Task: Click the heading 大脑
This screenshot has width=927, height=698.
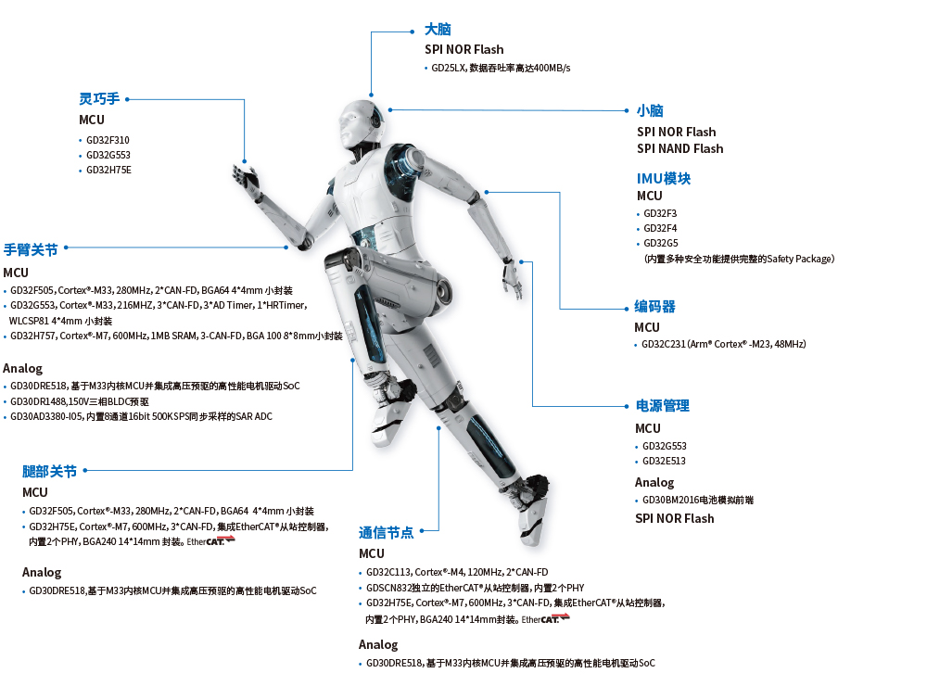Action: coord(438,30)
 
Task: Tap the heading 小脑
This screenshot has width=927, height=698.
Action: coord(650,110)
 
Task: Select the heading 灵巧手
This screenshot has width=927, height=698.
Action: coord(99,98)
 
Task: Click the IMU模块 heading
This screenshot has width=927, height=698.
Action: coord(663,178)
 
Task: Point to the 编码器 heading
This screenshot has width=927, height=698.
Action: coord(654,307)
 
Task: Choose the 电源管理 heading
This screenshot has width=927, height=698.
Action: coord(662,406)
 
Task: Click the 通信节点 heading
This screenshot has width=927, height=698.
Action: coord(386,532)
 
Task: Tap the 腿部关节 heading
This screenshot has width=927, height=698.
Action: coord(49,471)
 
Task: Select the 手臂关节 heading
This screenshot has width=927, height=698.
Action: coord(31,249)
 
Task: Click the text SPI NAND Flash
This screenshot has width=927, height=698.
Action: coord(679,148)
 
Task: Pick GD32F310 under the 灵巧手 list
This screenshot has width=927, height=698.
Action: coord(108,140)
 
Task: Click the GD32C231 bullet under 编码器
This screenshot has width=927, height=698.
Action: coord(723,344)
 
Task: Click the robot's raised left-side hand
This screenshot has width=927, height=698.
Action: coord(247,179)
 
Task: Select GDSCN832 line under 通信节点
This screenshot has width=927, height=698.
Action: coord(475,588)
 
